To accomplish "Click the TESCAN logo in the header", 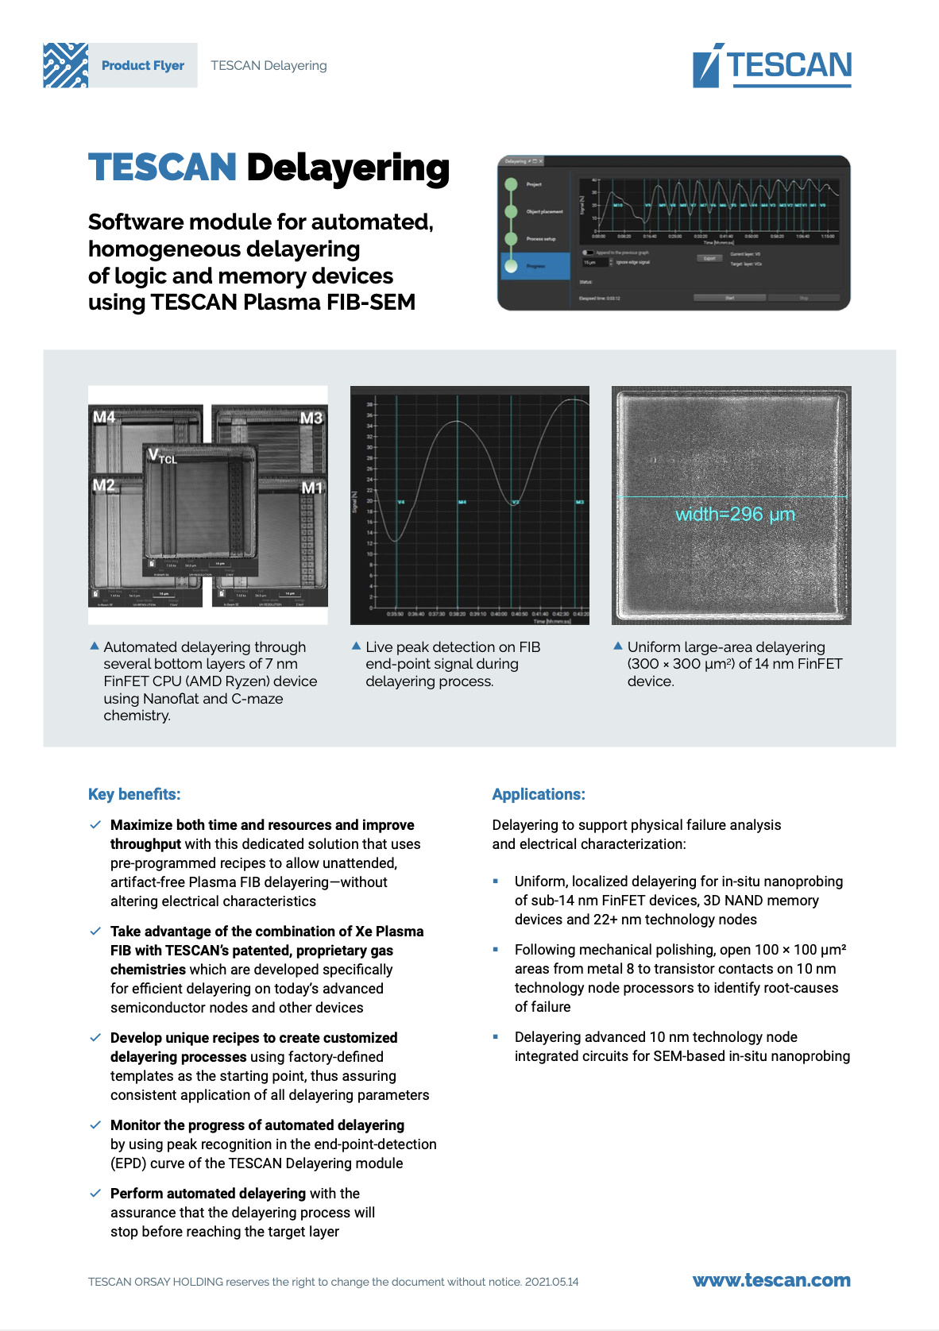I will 771,66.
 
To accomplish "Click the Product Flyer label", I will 143,66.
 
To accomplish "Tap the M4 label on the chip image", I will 104,417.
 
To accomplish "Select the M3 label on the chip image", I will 311,418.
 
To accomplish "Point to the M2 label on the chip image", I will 104,485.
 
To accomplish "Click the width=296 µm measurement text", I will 735,515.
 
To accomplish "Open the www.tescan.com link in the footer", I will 771,1280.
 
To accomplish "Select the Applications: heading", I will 538,794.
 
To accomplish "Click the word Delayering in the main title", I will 348,168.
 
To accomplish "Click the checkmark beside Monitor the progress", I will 95,1125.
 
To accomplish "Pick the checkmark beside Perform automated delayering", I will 95,1194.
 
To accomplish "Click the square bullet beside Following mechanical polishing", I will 496,949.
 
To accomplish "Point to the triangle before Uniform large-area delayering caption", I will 617,646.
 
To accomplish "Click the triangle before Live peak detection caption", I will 356,646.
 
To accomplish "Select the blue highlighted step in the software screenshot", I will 535,266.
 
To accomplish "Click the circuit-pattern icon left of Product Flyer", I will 66,65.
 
